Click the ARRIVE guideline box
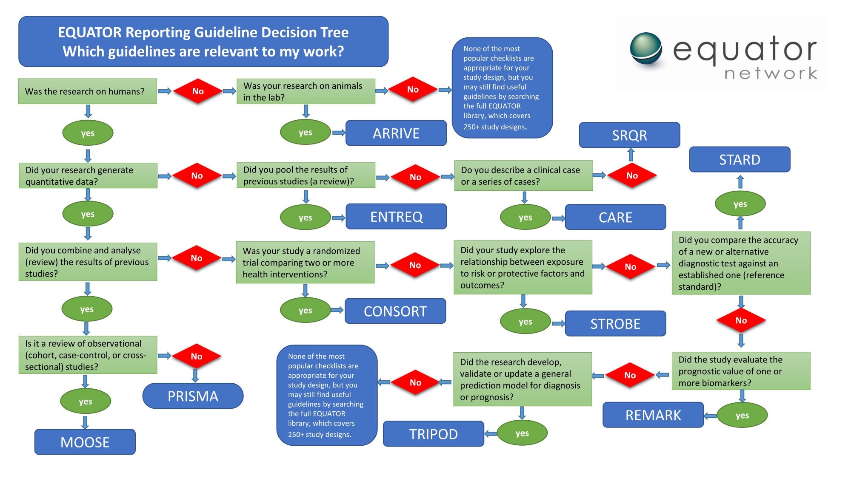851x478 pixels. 396,133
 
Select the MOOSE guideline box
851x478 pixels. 85,442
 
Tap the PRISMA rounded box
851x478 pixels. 193,396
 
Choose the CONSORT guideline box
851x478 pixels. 395,311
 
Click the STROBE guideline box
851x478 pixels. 615,324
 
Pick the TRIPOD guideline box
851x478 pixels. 433,434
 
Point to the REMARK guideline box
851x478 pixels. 653,415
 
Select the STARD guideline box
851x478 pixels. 740,160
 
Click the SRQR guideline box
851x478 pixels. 629,135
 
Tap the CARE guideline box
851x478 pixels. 615,217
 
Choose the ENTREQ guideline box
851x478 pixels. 396,217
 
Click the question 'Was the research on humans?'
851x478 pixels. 87,91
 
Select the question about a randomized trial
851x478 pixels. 305,263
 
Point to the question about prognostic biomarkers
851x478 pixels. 741,371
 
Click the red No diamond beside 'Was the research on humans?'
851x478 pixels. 198,91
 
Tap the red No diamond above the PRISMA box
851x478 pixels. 196,356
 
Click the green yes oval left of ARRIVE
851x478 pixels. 305,133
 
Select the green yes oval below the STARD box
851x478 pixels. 740,204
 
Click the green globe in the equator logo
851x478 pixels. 646,48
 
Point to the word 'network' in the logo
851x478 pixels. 771,74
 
